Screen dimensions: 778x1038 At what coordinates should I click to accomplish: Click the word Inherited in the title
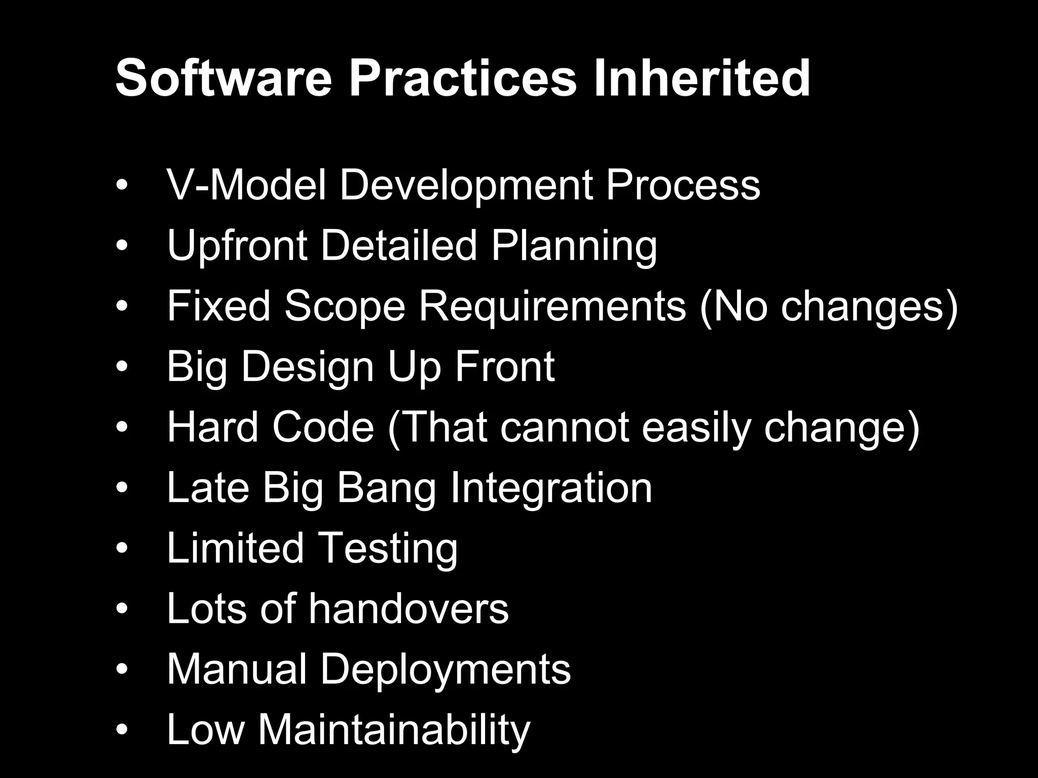(701, 78)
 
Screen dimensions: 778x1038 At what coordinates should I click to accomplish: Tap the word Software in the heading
(224, 78)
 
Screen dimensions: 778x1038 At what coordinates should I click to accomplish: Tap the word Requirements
(552, 306)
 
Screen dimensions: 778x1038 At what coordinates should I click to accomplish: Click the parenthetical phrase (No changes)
(829, 306)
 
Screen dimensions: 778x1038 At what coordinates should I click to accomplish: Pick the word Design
(307, 367)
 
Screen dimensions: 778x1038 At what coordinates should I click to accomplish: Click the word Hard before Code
(212, 427)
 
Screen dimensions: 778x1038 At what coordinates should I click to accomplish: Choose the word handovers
(409, 609)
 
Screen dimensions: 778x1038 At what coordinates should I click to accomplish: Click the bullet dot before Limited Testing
(122, 549)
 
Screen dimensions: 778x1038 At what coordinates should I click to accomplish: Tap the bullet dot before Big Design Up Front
(122, 367)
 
